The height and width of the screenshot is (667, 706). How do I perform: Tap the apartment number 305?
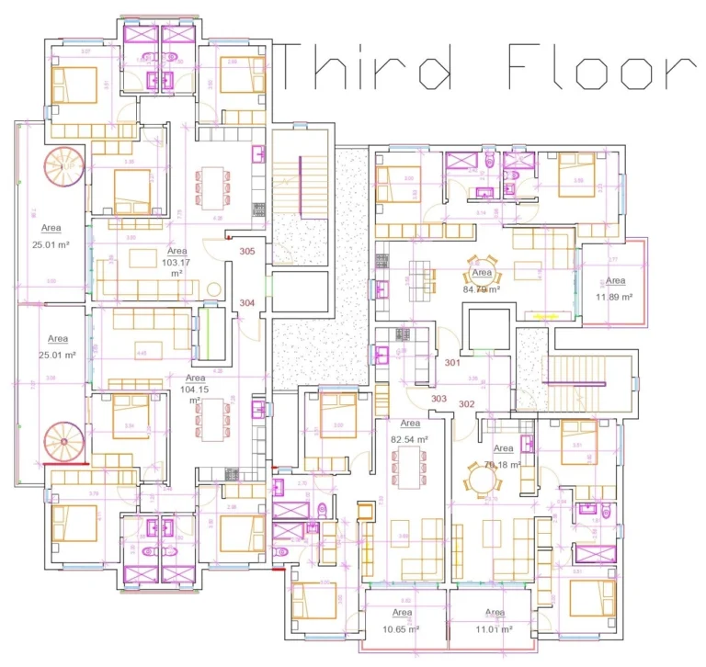(247, 251)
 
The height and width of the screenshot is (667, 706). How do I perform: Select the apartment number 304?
(247, 302)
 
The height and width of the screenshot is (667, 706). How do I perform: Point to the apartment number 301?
(452, 363)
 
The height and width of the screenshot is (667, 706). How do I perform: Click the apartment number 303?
(438, 399)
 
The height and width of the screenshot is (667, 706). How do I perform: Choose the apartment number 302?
(467, 404)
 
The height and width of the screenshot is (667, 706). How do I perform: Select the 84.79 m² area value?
(481, 289)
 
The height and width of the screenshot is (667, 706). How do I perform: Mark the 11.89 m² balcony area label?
(615, 297)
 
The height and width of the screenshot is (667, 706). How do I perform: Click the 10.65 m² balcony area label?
(402, 629)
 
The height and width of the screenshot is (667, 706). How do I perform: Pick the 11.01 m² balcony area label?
(495, 629)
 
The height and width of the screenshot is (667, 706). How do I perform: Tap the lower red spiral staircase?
(63, 442)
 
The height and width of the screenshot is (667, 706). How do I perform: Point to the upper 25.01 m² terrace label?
(51, 244)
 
